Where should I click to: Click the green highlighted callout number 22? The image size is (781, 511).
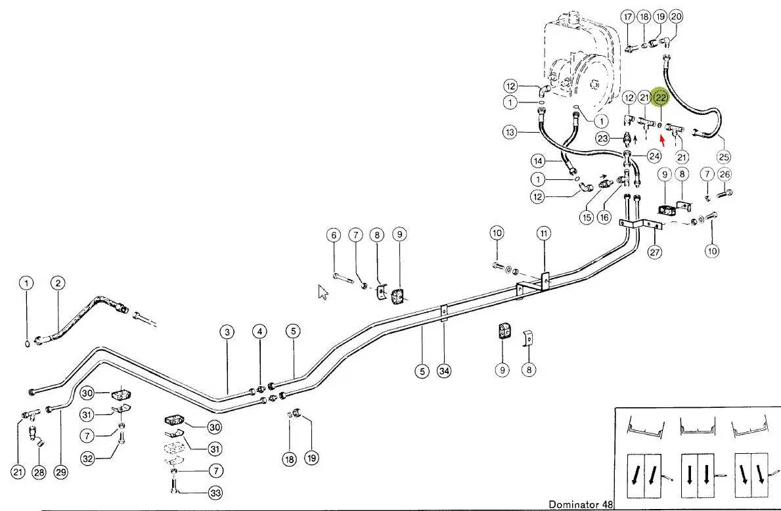tap(661, 98)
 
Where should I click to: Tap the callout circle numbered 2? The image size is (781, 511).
tap(58, 283)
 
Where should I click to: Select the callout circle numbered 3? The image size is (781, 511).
tap(227, 332)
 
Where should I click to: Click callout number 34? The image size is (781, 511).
tap(444, 370)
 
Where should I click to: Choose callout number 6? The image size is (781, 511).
tap(334, 234)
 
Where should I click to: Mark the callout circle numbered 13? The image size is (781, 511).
tap(511, 133)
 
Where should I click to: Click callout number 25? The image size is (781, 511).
tap(723, 157)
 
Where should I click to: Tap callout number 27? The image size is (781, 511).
tap(655, 251)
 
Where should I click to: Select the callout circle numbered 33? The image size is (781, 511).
tap(215, 492)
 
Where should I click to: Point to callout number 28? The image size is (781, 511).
tap(40, 472)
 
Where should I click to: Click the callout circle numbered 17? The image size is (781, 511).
tap(628, 16)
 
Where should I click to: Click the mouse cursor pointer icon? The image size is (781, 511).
tap(323, 292)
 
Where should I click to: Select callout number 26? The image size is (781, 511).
tap(725, 174)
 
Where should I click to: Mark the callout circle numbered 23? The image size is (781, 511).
tap(603, 138)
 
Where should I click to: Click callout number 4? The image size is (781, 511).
tap(261, 332)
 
